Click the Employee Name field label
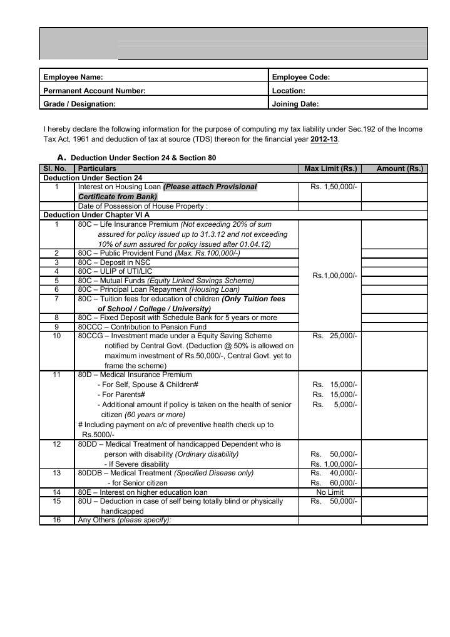coord(73,77)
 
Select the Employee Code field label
coord(301,77)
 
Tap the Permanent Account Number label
coord(94,91)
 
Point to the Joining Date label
coord(295,105)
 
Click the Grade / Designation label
coord(79,105)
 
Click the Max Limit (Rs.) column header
coord(330,168)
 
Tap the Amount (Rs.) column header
coord(399,168)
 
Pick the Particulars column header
coord(96,168)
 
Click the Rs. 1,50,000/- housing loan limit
coord(334,187)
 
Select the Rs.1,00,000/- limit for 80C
coord(334,275)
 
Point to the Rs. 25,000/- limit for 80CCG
coord(334,336)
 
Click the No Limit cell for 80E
coord(330,492)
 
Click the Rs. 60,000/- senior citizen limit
coord(334,483)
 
